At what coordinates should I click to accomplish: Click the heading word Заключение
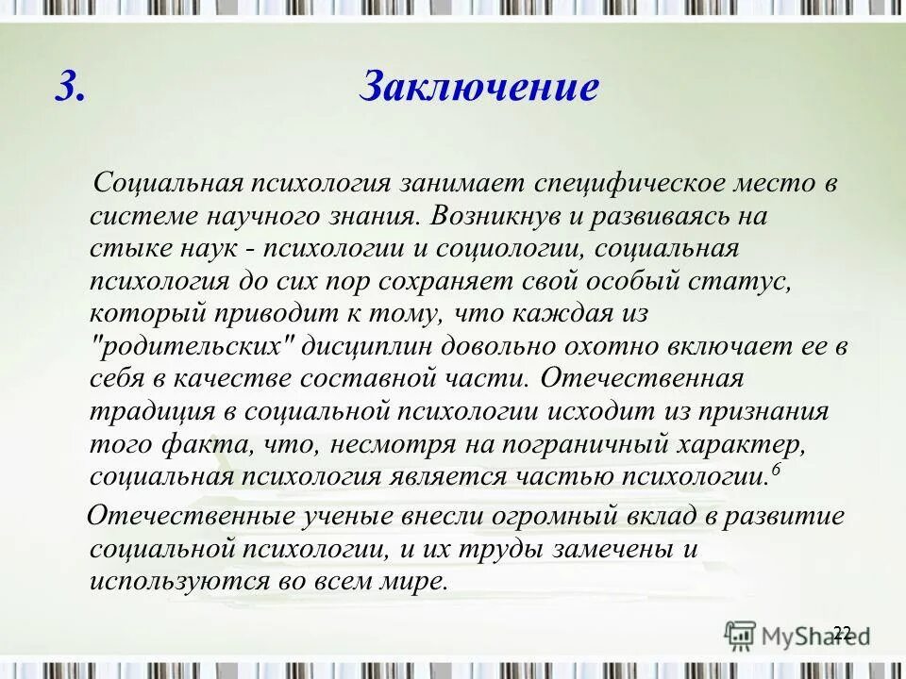click(479, 88)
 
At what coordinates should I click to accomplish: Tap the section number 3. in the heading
click(71, 88)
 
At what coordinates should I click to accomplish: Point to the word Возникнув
click(490, 215)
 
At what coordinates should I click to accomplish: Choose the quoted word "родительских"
click(197, 346)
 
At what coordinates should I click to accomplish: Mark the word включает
click(715, 346)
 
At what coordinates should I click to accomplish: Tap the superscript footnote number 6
click(775, 470)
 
